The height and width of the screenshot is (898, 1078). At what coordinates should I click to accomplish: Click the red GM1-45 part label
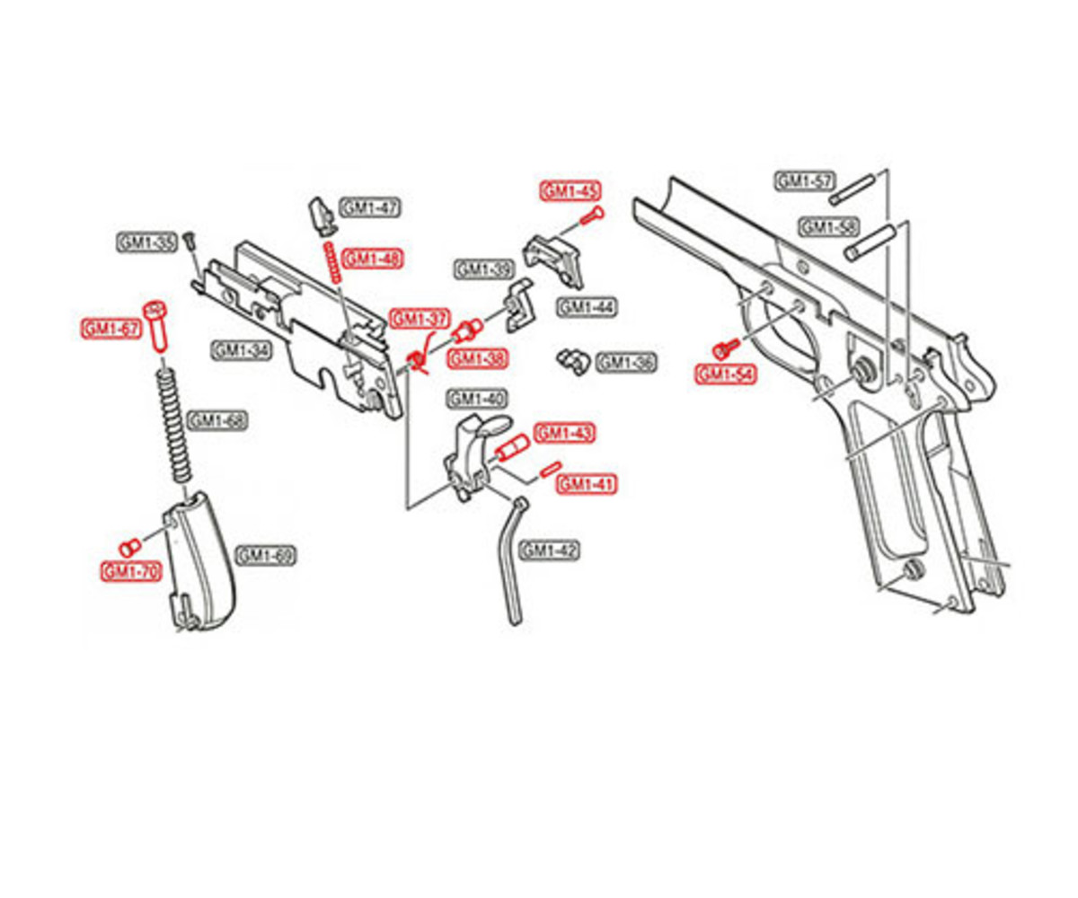coord(570,191)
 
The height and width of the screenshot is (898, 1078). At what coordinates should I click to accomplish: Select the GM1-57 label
coord(804,181)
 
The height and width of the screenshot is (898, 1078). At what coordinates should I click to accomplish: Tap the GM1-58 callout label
coord(829,227)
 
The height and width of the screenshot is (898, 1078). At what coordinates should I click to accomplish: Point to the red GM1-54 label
coord(725,374)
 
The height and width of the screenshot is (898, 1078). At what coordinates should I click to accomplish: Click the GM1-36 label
coord(626,362)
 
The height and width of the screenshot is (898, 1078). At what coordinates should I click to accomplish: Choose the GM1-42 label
coord(550,550)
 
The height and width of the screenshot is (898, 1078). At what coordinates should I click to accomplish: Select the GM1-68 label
coord(217,420)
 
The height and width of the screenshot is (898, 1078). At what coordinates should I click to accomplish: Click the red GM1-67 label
coord(111,329)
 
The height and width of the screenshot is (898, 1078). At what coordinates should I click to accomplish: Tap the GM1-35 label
coord(146,242)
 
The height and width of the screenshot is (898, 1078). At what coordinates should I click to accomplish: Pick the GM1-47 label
coord(370,208)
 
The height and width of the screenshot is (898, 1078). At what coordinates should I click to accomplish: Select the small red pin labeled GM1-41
coord(550,470)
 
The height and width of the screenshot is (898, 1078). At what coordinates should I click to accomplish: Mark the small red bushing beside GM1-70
coord(128,547)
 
